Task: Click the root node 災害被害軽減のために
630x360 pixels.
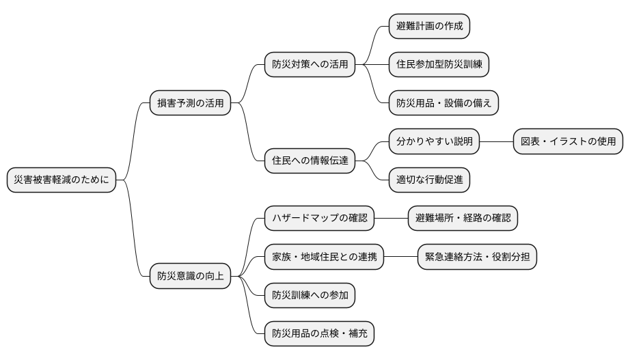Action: click(61, 181)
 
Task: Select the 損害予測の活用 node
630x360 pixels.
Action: click(190, 104)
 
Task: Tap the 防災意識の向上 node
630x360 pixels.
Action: click(190, 277)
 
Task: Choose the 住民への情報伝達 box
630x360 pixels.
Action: click(310, 161)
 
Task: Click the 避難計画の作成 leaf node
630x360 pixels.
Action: click(429, 26)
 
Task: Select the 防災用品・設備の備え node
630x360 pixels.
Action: click(443, 104)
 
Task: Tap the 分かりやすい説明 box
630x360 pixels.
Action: click(434, 142)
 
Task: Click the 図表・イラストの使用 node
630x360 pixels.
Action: click(568, 142)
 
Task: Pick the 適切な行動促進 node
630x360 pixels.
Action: click(429, 181)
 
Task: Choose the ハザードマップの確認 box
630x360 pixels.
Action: click(319, 219)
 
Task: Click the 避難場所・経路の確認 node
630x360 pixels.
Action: click(463, 219)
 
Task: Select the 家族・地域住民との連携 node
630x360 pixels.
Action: click(324, 258)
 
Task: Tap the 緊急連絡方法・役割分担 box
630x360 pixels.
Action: click(477, 258)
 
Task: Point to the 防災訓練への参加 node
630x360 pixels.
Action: click(310, 296)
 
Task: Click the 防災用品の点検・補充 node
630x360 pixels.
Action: click(319, 335)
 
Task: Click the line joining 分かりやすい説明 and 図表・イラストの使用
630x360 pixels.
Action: click(496, 142)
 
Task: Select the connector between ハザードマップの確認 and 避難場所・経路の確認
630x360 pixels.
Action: click(391, 219)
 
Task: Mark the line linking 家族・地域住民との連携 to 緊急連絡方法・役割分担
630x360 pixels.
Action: click(400, 258)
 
